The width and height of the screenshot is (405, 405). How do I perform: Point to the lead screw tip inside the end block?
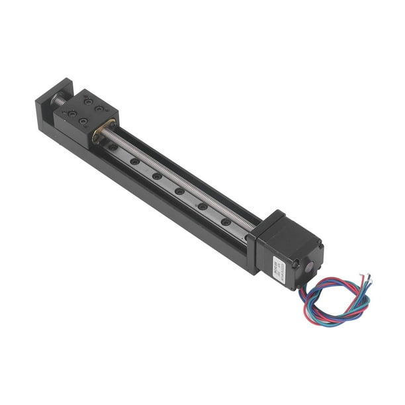[x=59, y=102]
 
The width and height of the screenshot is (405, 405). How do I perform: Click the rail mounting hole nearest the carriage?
[x=113, y=146]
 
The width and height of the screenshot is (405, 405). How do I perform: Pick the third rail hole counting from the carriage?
[x=157, y=176]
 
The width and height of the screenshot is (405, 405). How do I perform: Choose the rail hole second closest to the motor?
[x=202, y=206]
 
